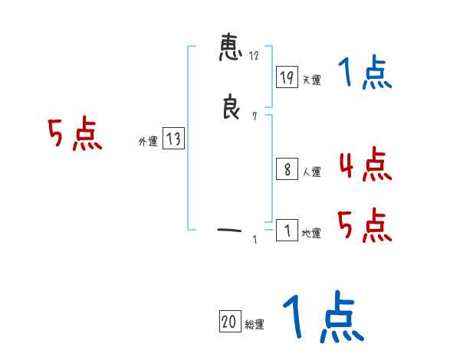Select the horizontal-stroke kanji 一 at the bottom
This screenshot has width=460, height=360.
(x=230, y=228)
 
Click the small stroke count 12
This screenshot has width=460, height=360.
(x=254, y=56)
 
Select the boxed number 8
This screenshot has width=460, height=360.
(x=287, y=169)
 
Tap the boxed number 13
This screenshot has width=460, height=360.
(x=173, y=139)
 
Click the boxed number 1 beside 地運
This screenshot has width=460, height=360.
(x=287, y=230)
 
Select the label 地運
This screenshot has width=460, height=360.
(x=311, y=233)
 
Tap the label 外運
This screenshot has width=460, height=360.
(x=148, y=142)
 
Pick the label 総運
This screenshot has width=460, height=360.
(x=255, y=325)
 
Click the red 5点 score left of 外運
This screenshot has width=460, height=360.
(x=75, y=135)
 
